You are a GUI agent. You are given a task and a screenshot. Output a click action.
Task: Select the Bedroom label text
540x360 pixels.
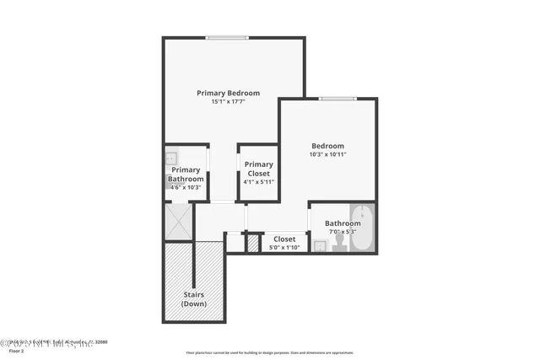point(327,146)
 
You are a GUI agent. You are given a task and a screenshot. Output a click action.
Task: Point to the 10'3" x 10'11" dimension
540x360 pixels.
point(327,154)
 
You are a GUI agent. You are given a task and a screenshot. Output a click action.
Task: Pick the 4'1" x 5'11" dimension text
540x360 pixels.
point(258,181)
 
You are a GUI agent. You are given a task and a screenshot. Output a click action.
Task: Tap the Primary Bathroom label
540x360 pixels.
point(186,174)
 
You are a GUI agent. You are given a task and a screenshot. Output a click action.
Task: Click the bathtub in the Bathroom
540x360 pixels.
point(361,228)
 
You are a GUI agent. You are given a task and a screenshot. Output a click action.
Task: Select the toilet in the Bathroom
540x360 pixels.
point(339,242)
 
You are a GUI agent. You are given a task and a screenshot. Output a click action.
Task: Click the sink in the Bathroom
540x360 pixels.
point(320,245)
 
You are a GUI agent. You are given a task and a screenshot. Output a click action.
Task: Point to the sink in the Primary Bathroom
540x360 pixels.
point(172,157)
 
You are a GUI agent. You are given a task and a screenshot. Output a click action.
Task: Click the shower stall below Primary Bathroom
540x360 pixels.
point(178,222)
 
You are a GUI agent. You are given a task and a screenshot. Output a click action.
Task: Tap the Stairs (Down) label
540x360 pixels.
point(194,298)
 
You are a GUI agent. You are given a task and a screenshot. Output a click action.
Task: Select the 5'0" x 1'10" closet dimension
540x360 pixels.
point(283,247)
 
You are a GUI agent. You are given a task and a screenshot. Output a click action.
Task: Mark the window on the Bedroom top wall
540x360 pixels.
point(337,99)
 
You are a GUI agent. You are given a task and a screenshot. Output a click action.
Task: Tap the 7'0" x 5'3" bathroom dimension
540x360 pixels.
point(342,231)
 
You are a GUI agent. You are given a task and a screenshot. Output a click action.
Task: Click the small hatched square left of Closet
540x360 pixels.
point(252,244)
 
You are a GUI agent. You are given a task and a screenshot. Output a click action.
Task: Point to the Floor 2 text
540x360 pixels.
point(10,350)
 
